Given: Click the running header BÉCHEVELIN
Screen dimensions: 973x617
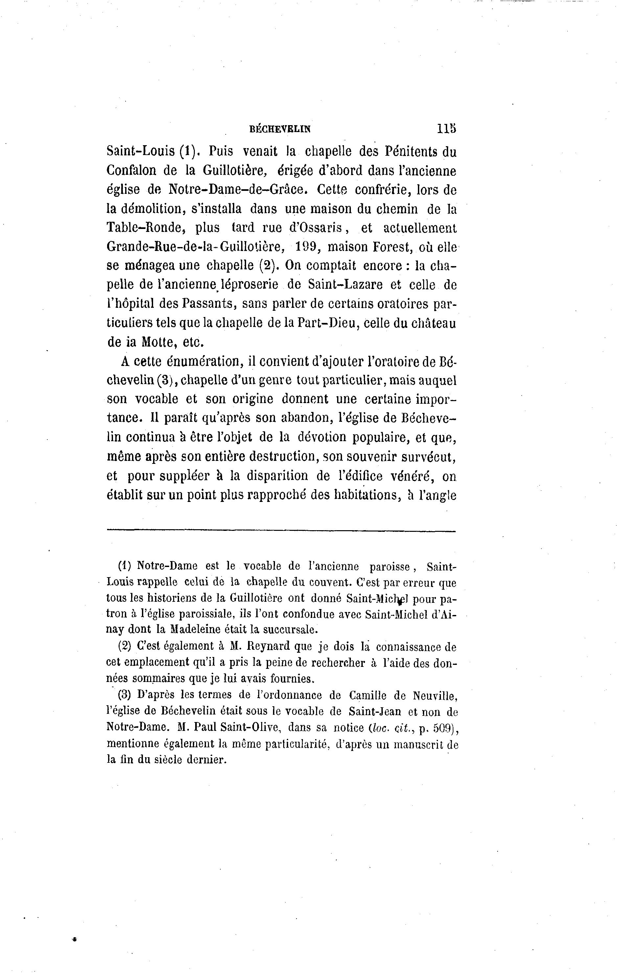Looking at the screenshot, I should click(x=281, y=129).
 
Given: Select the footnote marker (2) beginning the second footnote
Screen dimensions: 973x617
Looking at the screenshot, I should click(x=125, y=646).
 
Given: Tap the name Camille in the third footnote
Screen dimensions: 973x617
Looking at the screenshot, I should click(x=367, y=695).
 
